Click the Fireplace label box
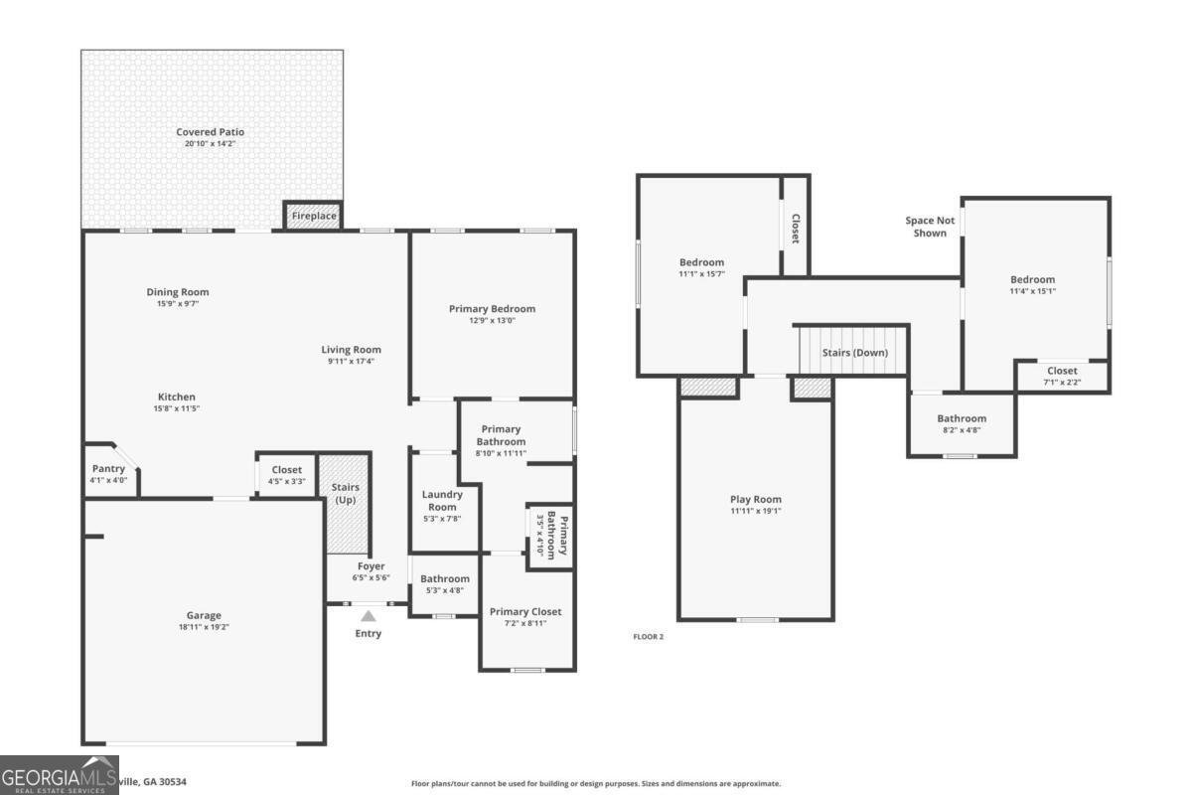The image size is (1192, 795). coord(313,216)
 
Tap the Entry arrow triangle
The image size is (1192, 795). coord(369,616)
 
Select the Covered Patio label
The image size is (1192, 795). coord(210,132)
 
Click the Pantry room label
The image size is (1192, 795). coord(108,469)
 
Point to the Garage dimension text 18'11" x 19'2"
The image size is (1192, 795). coord(204,627)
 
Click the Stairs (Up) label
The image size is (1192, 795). coord(345,493)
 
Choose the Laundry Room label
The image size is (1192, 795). coord(441,500)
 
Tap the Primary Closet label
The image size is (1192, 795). coord(525,611)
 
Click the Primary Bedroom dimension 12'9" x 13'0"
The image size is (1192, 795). coord(492,320)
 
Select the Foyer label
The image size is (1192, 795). coord(371,566)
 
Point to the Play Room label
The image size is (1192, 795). coord(755,500)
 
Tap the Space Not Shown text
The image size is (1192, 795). coord(930,227)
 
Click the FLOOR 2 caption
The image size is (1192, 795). coord(648,636)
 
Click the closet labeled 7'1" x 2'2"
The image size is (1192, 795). coord(1061,376)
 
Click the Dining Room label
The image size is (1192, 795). coord(178,292)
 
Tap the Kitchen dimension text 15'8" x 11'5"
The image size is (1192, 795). coord(177,408)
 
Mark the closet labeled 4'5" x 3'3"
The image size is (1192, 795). coord(286,475)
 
